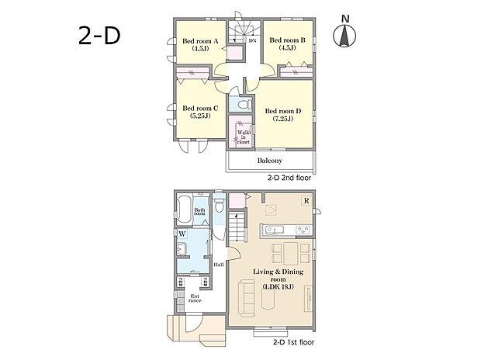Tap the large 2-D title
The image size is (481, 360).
tap(99, 36)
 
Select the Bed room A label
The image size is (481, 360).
tap(200, 44)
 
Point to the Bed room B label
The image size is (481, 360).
tap(287, 43)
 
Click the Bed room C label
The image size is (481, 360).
tap(200, 112)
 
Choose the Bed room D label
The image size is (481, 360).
tap(283, 115)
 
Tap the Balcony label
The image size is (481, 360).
tap(270, 161)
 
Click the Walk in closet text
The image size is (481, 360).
tap(244, 137)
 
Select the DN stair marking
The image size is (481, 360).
tap(252, 40)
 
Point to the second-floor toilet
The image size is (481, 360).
tap(244, 105)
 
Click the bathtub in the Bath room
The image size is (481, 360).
tap(184, 209)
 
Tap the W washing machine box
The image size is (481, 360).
tap(182, 234)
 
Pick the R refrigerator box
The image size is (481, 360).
tap(306, 201)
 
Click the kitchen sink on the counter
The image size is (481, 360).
tap(274, 230)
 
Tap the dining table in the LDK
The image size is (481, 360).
tap(290, 253)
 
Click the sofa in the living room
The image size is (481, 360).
tap(247, 298)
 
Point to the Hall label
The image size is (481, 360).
tap(219, 265)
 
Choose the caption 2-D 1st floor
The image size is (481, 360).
tap(293, 342)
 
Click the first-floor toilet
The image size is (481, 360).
tap(219, 206)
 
